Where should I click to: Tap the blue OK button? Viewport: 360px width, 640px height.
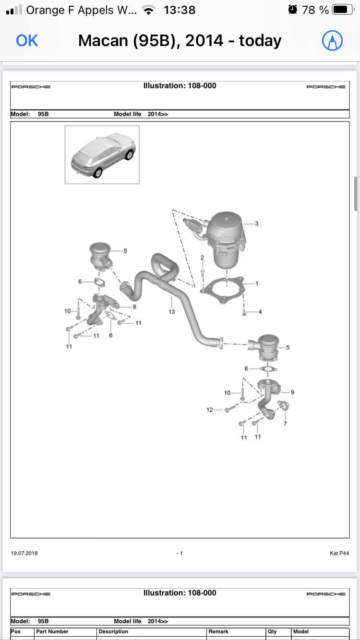tap(27, 41)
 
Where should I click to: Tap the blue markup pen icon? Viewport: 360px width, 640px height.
tap(332, 41)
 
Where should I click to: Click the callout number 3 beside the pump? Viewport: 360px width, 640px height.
tap(256, 224)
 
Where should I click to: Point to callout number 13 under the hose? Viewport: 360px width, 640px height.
tap(171, 312)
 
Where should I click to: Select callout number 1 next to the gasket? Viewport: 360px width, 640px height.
tap(256, 284)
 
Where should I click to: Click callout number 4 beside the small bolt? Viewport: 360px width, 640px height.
tap(260, 312)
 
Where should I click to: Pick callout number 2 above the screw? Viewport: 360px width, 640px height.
tap(202, 258)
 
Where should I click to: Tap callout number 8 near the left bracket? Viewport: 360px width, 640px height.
tap(134, 307)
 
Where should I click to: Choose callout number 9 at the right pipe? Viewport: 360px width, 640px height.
tap(292, 392)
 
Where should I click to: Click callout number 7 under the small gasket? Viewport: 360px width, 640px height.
tap(285, 424)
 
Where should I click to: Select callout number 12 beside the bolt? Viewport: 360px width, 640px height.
tap(210, 410)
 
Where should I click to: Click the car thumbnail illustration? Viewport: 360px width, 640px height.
tap(102, 155)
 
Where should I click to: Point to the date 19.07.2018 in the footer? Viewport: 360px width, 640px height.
tap(24, 553)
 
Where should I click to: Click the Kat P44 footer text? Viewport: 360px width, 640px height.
tap(339, 553)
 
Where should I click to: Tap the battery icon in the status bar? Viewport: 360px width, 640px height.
tap(343, 10)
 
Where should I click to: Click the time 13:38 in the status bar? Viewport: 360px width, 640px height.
tap(180, 10)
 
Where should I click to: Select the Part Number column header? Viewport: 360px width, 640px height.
tap(52, 631)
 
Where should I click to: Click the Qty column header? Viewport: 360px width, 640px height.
tap(272, 631)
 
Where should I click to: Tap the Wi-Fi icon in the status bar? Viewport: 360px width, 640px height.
tap(149, 10)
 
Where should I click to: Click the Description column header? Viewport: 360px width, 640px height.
tap(113, 631)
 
